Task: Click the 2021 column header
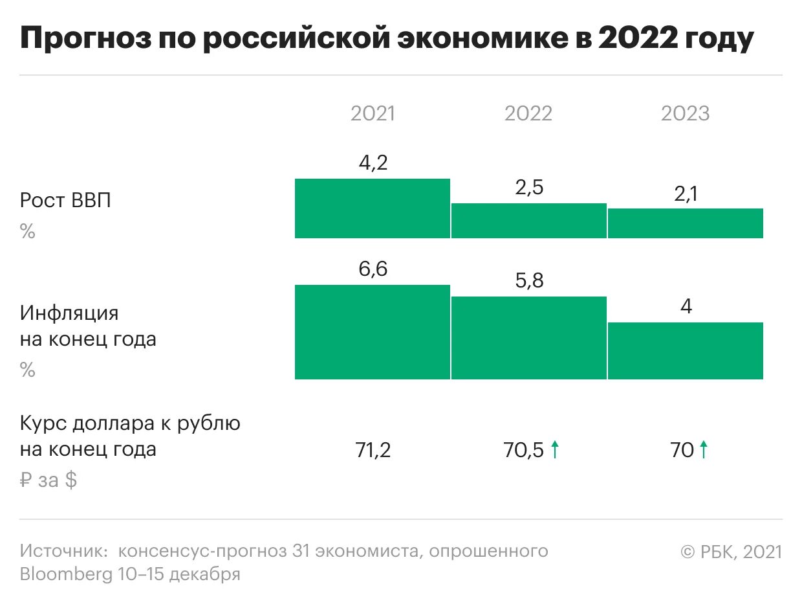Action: tap(373, 114)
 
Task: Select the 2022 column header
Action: tap(528, 114)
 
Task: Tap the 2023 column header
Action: tap(685, 114)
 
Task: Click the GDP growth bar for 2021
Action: tap(372, 208)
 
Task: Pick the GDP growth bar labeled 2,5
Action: tap(528, 221)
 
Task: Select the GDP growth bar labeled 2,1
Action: tap(686, 223)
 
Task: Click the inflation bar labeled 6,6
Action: tap(372, 331)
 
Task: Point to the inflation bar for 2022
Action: tap(528, 337)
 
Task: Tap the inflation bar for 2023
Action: tap(686, 350)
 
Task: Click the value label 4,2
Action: tap(373, 163)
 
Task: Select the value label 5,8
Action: tap(528, 282)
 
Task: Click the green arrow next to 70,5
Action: tap(554, 449)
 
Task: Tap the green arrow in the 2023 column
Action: tap(704, 449)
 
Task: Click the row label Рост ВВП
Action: tap(65, 200)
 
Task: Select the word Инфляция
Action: tap(69, 313)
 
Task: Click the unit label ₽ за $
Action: tap(49, 480)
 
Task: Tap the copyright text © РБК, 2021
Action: tap(731, 552)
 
